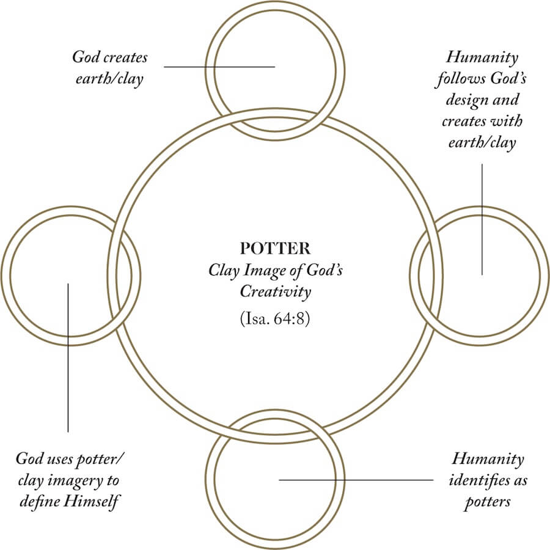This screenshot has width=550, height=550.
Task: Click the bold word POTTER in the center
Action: [x=275, y=249]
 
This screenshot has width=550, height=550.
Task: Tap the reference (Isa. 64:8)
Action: [x=275, y=319]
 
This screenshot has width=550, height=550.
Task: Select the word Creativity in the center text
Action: [x=275, y=291]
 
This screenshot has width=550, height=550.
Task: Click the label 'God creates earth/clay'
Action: [x=110, y=68]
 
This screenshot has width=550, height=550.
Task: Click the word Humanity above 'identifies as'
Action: [x=488, y=459]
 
